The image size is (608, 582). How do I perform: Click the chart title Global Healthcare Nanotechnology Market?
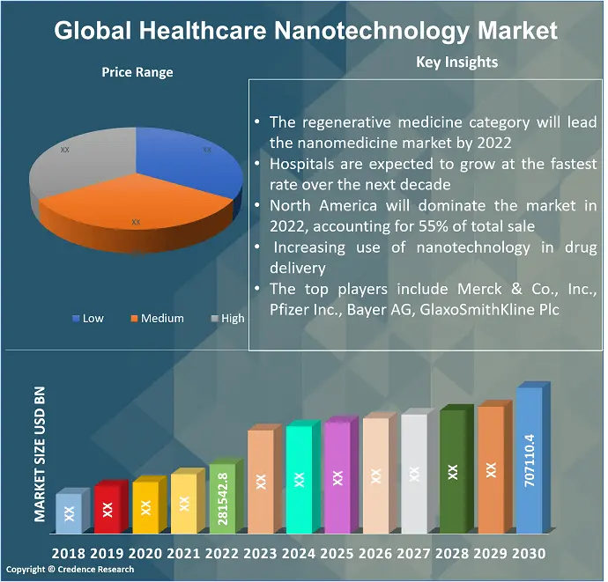(x=305, y=30)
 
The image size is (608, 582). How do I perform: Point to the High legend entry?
(x=227, y=318)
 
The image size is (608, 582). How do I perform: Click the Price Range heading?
(x=137, y=72)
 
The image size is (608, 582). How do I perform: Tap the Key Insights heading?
(x=456, y=62)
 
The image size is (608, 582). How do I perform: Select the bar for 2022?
(x=222, y=498)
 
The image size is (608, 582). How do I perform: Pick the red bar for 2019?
(x=107, y=509)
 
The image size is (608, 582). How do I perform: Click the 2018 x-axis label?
(x=69, y=554)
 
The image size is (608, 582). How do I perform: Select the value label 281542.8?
(x=222, y=500)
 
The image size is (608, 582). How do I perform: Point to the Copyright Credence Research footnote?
(x=70, y=570)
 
